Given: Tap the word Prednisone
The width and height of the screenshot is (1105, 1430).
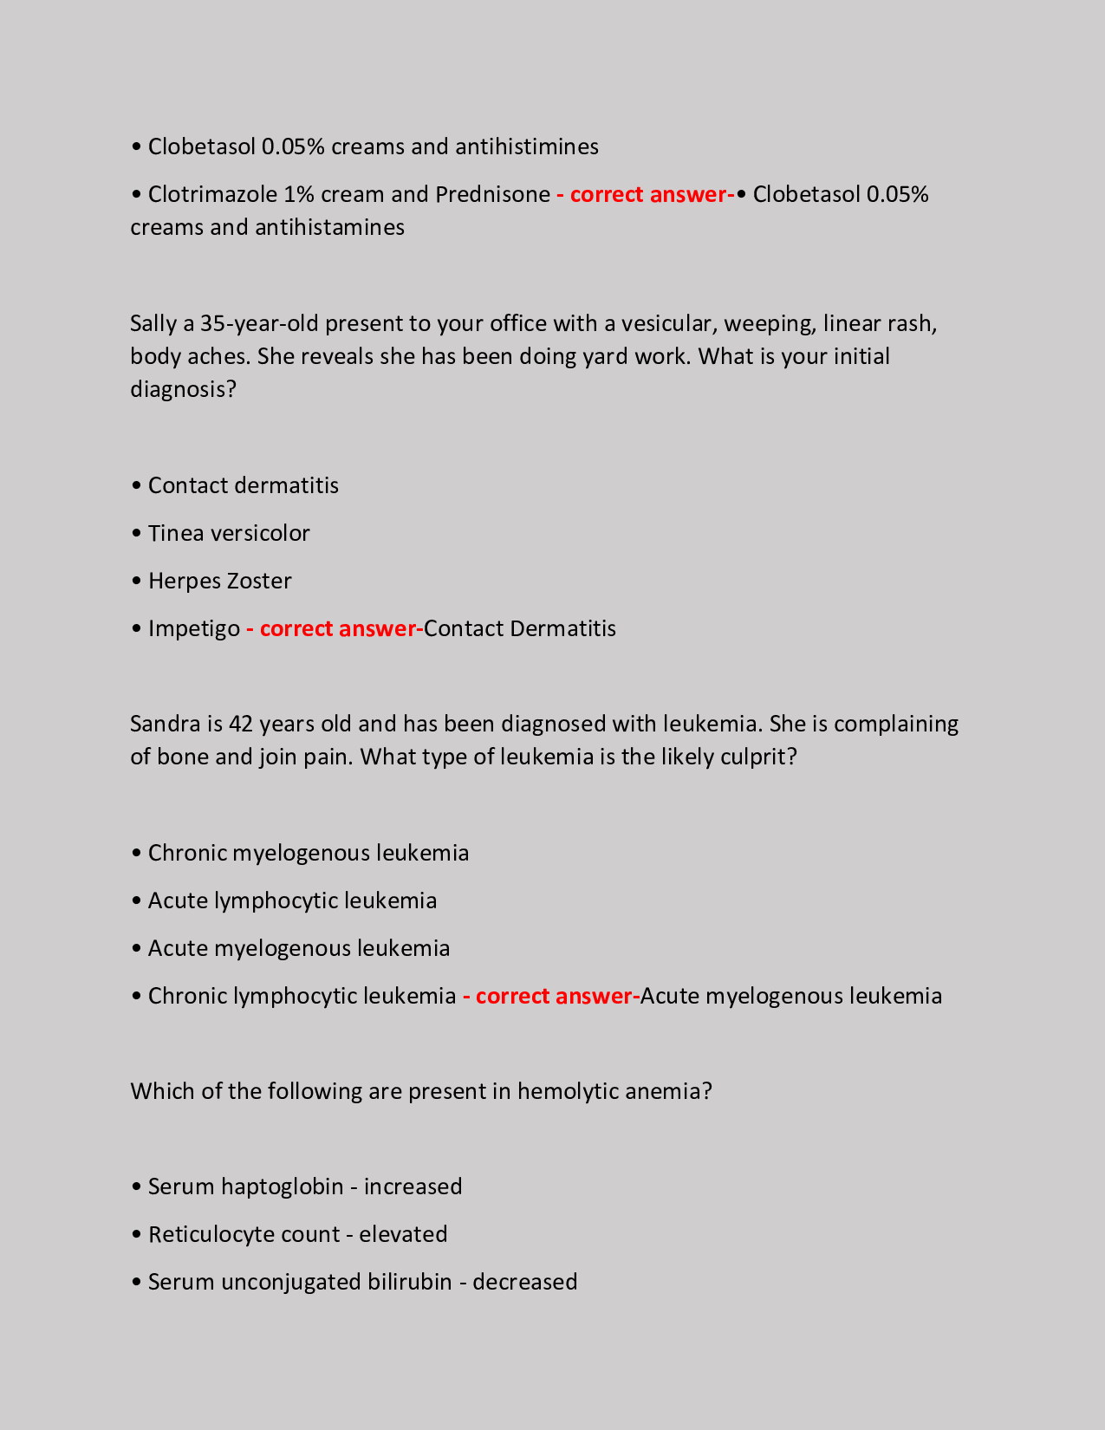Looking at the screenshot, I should coord(492,194).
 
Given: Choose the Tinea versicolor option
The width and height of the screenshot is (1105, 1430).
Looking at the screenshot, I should coord(229,533).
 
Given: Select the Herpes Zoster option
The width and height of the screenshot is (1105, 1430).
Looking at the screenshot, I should coord(219,581).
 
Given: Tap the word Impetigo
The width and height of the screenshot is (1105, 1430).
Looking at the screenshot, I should coord(194,628).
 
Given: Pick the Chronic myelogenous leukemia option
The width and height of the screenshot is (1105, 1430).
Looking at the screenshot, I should coord(308,853).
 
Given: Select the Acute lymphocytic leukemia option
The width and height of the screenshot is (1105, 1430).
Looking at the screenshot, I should coord(292,900).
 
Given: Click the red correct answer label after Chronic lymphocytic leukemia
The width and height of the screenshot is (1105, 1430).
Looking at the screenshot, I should coord(550,996).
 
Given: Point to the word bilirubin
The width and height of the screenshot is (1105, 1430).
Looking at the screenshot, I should coord(410,1282).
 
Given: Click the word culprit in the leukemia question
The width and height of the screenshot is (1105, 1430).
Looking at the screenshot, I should coord(754,757).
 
